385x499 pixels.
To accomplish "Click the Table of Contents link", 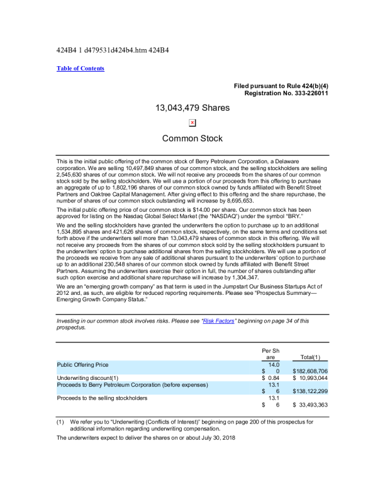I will (x=81, y=69).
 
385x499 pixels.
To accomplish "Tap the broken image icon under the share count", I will (x=192, y=123).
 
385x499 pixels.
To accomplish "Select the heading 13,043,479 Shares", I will (x=192, y=108).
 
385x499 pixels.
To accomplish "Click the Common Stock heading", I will (x=192, y=138).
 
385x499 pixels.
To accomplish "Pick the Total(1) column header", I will (x=314, y=357).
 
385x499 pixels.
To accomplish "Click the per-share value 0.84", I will (x=273, y=377).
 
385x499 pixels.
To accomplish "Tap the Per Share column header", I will (x=271, y=353).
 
